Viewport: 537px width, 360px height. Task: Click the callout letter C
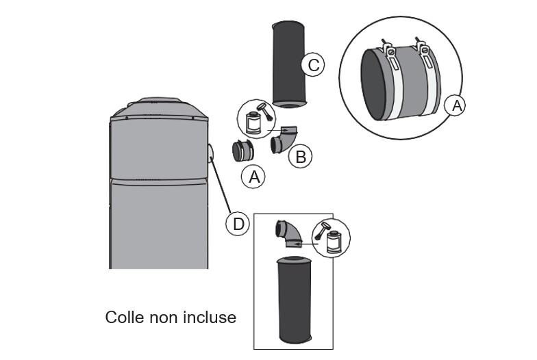pyautogui.click(x=312, y=65)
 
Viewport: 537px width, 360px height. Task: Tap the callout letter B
pyautogui.click(x=299, y=157)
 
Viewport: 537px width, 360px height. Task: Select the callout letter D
pyautogui.click(x=237, y=224)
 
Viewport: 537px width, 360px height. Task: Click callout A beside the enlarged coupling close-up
pyautogui.click(x=455, y=106)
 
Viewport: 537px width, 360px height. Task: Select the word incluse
pyautogui.click(x=209, y=318)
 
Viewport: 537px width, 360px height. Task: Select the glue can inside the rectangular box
pyautogui.click(x=334, y=242)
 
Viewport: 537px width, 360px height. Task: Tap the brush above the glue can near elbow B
pyautogui.click(x=263, y=110)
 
